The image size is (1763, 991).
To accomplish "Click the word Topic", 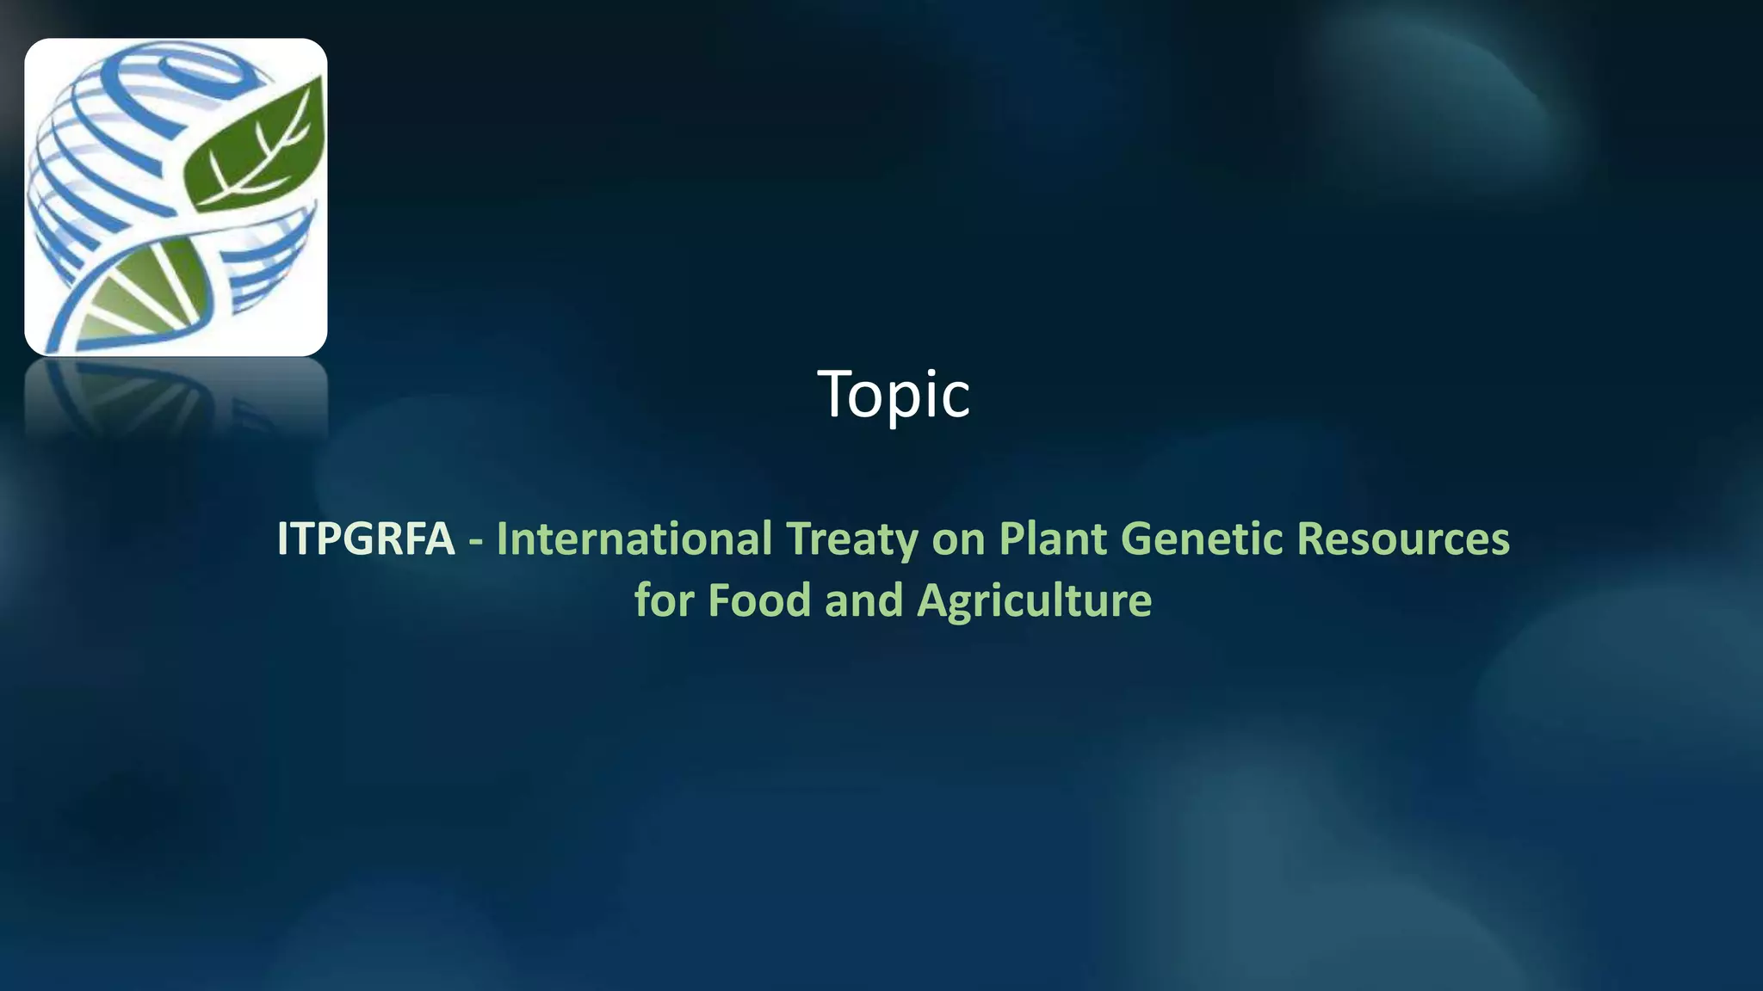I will (894, 394).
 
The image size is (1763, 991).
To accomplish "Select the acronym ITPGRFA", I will (365, 539).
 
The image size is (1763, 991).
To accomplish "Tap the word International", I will (634, 539).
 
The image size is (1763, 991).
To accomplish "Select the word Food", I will (759, 600).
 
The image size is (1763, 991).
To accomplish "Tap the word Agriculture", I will (1034, 601).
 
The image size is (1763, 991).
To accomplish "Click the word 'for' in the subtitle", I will (664, 600).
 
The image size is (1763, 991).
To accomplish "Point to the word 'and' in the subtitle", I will (863, 600).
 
